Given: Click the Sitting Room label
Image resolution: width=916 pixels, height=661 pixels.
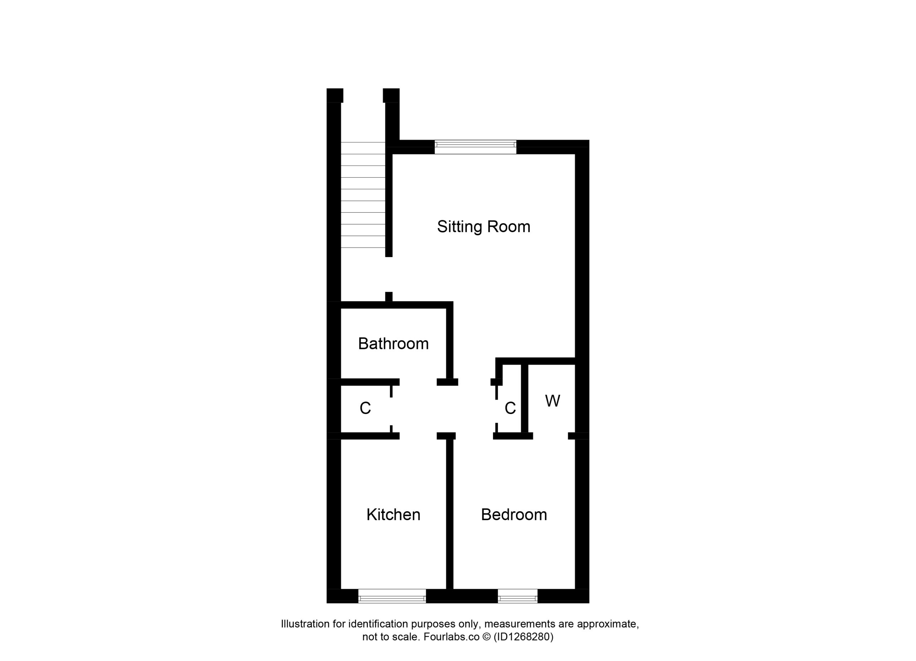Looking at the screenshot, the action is pyautogui.click(x=483, y=227).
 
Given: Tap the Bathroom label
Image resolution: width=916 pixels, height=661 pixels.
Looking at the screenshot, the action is pyautogui.click(x=393, y=344).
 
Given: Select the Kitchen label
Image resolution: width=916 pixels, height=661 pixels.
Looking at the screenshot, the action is pyautogui.click(x=393, y=514).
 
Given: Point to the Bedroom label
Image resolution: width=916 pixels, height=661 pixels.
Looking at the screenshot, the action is pyautogui.click(x=514, y=514).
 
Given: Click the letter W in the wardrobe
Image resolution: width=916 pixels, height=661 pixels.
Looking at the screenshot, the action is pyautogui.click(x=552, y=401).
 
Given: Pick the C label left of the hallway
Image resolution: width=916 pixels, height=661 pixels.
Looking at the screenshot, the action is pyautogui.click(x=365, y=408).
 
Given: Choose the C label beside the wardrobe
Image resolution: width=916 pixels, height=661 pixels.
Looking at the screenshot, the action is pyautogui.click(x=510, y=408).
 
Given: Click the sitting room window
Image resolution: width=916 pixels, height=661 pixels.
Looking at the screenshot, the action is pyautogui.click(x=476, y=147).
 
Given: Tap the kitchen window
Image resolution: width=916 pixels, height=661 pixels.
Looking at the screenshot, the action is pyautogui.click(x=392, y=596).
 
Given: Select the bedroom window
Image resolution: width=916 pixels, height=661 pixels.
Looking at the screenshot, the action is pyautogui.click(x=517, y=596).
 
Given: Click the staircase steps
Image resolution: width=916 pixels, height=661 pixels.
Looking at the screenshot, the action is pyautogui.click(x=363, y=195).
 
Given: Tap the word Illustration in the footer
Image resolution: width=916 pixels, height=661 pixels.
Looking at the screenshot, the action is pyautogui.click(x=305, y=624).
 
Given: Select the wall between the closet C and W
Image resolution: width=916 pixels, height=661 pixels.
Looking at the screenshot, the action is pyautogui.click(x=525, y=399).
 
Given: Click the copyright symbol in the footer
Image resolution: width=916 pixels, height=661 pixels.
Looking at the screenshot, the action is pyautogui.click(x=487, y=637).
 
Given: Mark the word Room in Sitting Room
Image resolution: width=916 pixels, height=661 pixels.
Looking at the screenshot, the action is pyautogui.click(x=509, y=227).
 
